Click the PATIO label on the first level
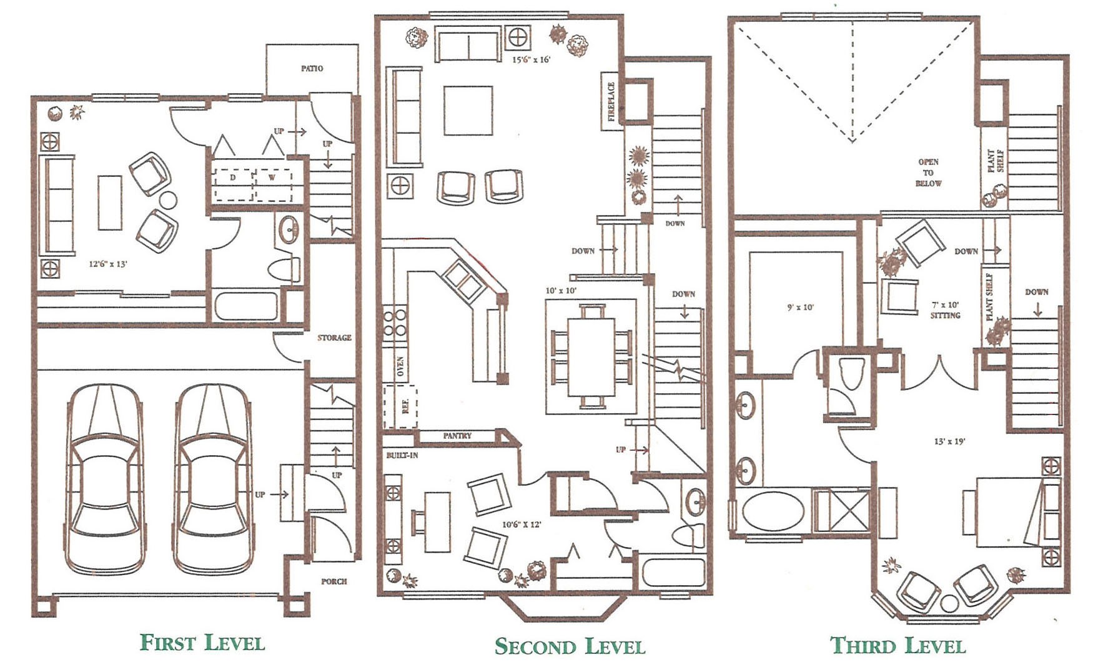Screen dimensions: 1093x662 [312, 68]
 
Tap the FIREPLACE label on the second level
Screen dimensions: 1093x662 [611, 101]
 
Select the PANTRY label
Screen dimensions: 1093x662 [457, 436]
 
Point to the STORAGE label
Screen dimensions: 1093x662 [334, 338]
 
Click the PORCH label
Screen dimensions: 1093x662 [334, 581]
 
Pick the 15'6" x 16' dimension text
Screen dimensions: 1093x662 [532, 60]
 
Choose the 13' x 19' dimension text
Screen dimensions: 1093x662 [950, 441]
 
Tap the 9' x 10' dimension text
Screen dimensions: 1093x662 [801, 308]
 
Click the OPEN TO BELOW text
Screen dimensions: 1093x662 [928, 173]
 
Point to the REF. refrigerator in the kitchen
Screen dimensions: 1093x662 [400, 407]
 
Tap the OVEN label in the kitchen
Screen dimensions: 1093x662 [400, 367]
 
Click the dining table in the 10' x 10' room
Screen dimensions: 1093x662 [591, 357]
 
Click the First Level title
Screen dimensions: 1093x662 [202, 643]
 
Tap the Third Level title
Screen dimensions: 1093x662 [898, 645]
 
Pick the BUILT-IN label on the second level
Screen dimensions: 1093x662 [402, 455]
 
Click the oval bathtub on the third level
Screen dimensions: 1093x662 [773, 511]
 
